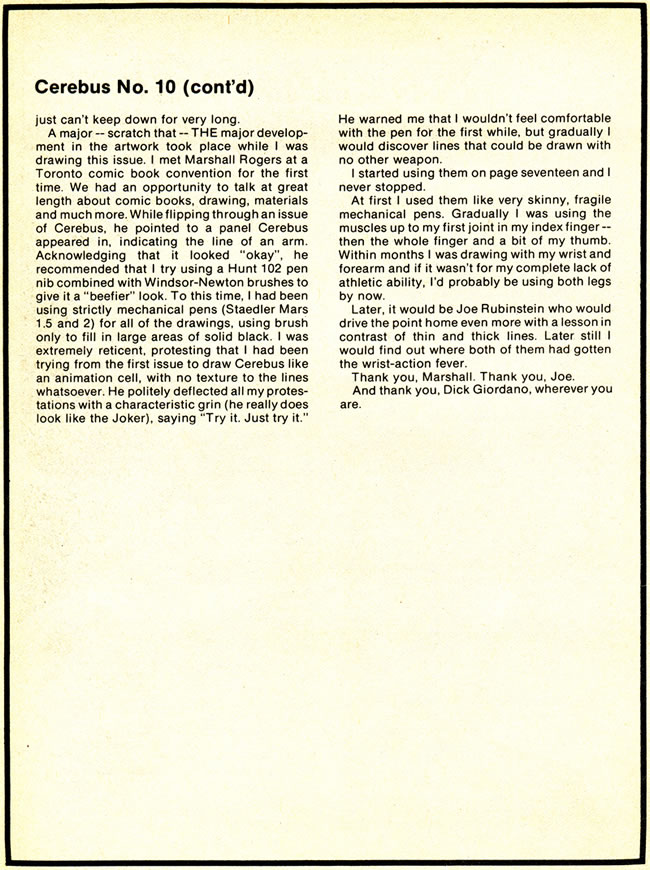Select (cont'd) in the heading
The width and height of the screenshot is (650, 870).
[x=224, y=88]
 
